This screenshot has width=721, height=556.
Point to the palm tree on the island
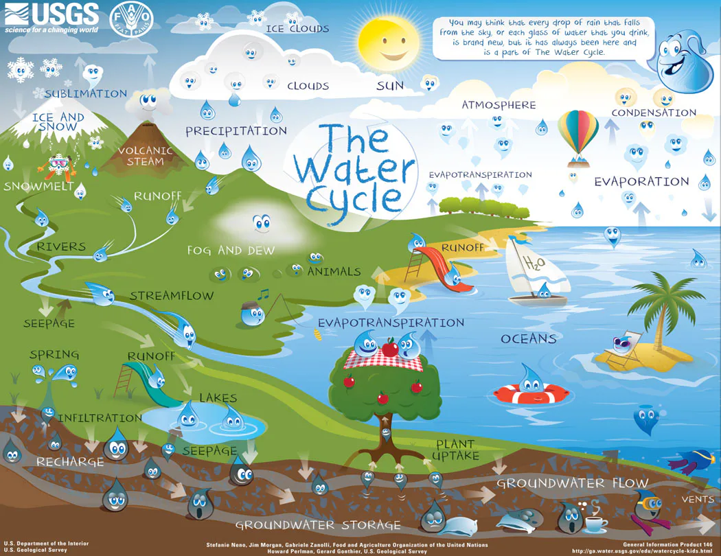click(x=660, y=309)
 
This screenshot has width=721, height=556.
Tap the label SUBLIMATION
click(x=86, y=93)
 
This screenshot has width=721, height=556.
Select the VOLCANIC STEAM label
click(x=145, y=157)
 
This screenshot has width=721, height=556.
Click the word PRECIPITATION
click(x=236, y=130)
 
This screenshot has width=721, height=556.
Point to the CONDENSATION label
click(x=654, y=113)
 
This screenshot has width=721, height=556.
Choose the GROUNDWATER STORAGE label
click(x=318, y=525)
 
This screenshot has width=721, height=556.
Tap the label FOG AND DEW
click(x=231, y=251)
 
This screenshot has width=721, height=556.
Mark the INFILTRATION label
click(x=100, y=418)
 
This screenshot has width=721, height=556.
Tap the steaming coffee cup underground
click(x=595, y=523)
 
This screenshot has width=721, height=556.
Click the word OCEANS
click(x=528, y=339)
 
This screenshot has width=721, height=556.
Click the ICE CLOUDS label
click(x=297, y=30)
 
